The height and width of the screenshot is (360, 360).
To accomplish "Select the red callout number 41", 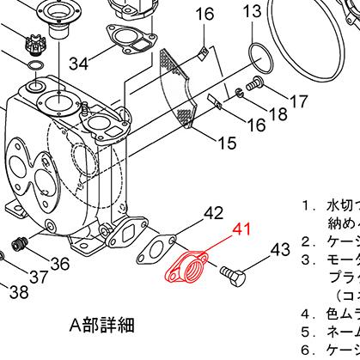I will pyautogui.click(x=243, y=230).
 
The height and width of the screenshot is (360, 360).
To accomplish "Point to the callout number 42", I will pyautogui.click(x=213, y=213).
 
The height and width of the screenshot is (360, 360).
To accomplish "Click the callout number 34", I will pyautogui.click(x=79, y=64).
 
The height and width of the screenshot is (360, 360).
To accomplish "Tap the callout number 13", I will pyautogui.click(x=251, y=11).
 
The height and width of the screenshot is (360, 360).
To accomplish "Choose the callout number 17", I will pyautogui.click(x=296, y=102).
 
